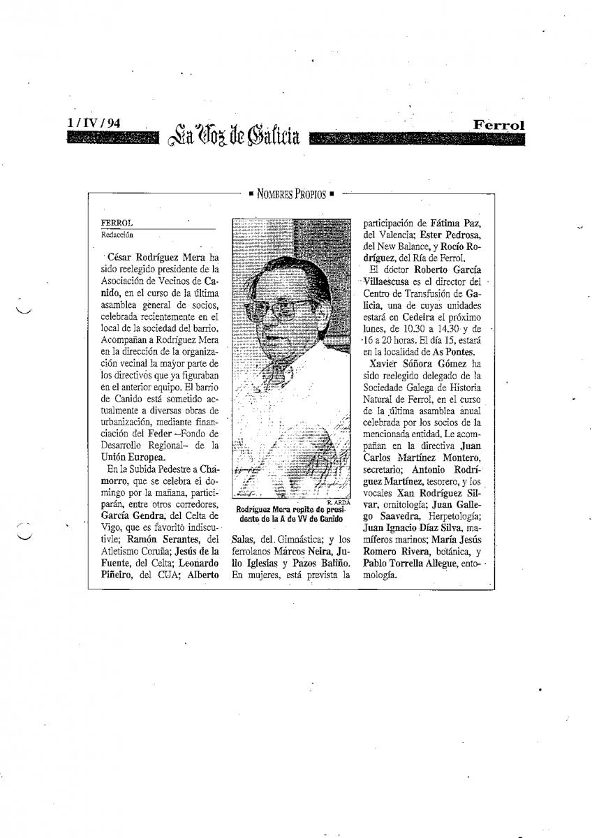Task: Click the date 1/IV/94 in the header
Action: pyautogui.click(x=94, y=123)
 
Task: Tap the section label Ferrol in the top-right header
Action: pyautogui.click(x=498, y=124)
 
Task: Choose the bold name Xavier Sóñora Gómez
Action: pyautogui.click(x=417, y=364)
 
